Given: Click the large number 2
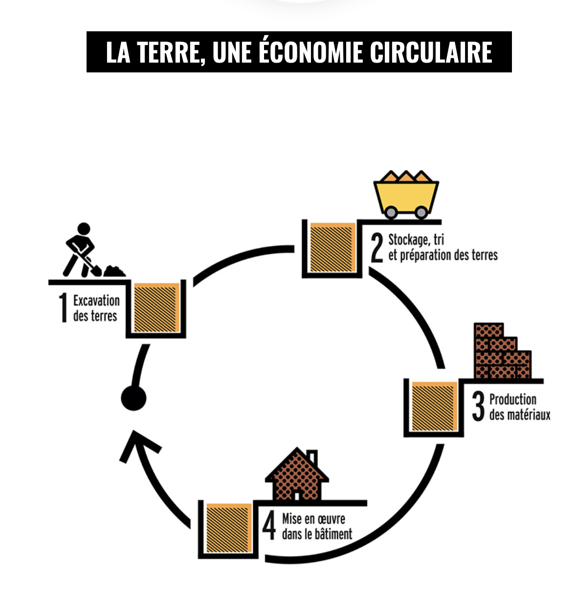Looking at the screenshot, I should (377, 248).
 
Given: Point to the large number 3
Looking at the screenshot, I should (478, 407).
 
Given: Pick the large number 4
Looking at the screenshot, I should (269, 525).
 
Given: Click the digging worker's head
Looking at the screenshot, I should (84, 228).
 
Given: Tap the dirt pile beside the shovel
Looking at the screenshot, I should (114, 271).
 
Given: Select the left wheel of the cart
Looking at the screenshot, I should (391, 212).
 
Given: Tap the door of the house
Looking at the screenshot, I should (296, 495).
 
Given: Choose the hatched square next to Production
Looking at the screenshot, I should (434, 407).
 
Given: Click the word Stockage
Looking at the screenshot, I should (407, 240).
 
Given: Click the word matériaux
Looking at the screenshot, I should (528, 415).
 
